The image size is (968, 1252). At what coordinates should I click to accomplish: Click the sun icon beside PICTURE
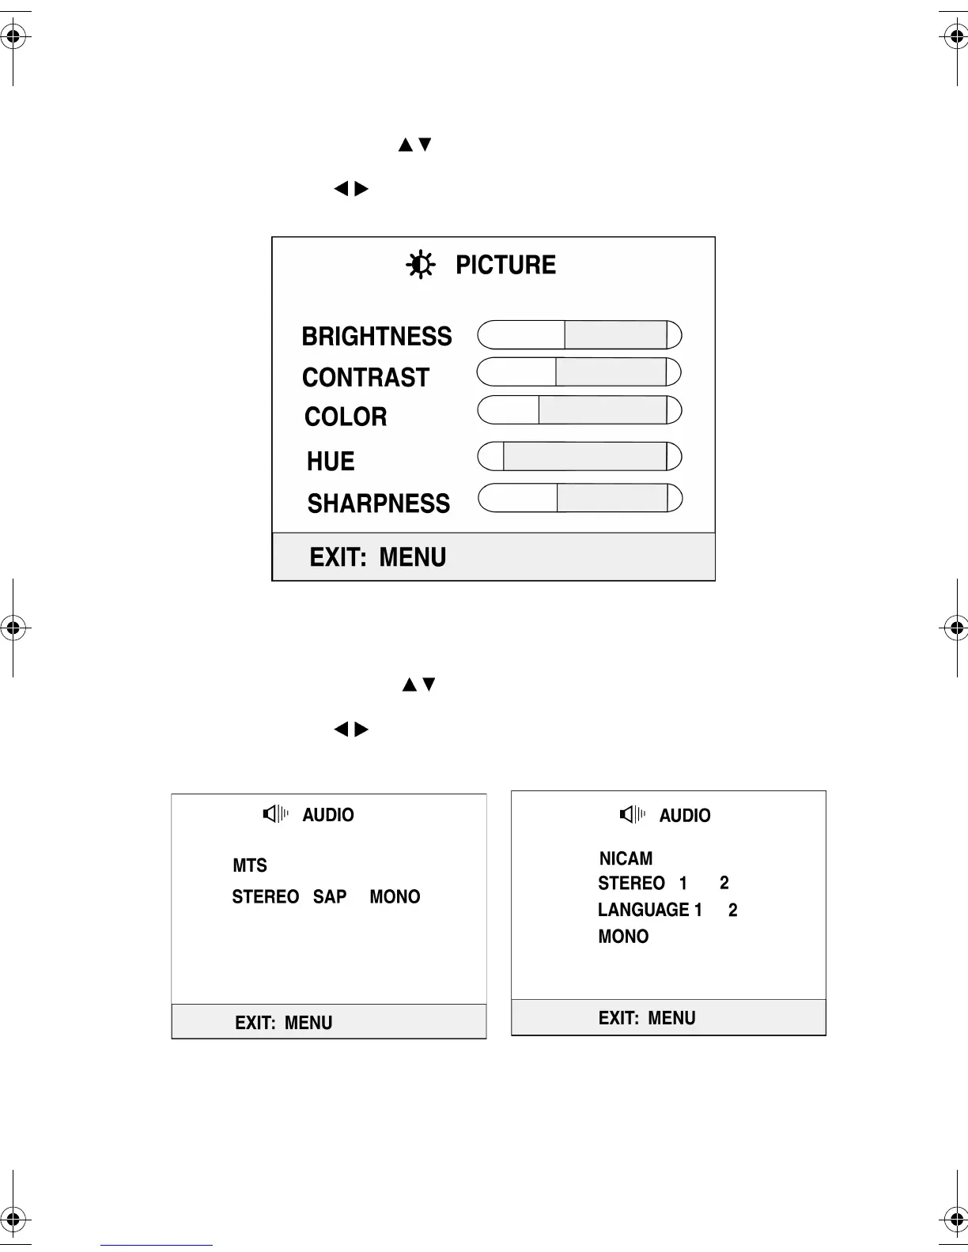(420, 264)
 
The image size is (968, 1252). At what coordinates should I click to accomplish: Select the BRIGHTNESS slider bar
(579, 335)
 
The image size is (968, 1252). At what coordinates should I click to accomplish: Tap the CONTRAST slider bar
(579, 372)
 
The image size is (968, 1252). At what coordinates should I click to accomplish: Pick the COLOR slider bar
(579, 410)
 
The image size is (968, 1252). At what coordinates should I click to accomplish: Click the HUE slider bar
(579, 457)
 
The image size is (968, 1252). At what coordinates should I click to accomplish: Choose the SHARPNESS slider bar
(579, 498)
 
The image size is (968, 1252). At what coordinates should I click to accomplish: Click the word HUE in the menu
(331, 462)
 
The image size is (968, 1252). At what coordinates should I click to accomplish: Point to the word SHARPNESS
(378, 503)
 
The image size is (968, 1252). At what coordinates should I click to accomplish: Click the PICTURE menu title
(505, 265)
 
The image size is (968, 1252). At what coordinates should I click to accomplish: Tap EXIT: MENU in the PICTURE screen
(377, 557)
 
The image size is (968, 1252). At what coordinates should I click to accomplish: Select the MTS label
(250, 865)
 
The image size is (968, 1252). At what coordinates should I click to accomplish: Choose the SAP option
(330, 897)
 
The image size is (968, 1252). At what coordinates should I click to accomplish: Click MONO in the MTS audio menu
(395, 897)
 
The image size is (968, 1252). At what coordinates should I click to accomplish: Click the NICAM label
(626, 858)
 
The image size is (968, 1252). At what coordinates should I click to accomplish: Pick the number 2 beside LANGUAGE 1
(733, 911)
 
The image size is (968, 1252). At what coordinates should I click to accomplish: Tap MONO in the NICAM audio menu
(623, 937)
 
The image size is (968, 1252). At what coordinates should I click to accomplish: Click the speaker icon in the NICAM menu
(632, 814)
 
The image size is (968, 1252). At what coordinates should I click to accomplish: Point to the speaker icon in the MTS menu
(275, 813)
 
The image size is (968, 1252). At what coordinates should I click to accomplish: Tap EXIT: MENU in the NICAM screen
(647, 1018)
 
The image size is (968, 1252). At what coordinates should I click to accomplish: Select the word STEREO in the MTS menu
(265, 897)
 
